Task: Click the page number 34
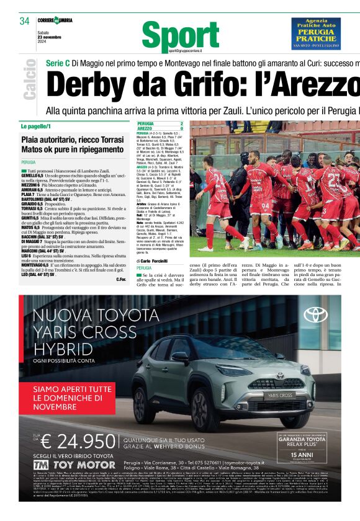(x=25, y=20)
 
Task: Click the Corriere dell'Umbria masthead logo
(x=55, y=20)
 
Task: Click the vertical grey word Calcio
(x=30, y=79)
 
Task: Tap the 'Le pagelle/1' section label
(x=36, y=126)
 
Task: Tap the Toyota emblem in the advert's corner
(x=315, y=314)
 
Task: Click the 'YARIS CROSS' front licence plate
(x=281, y=395)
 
